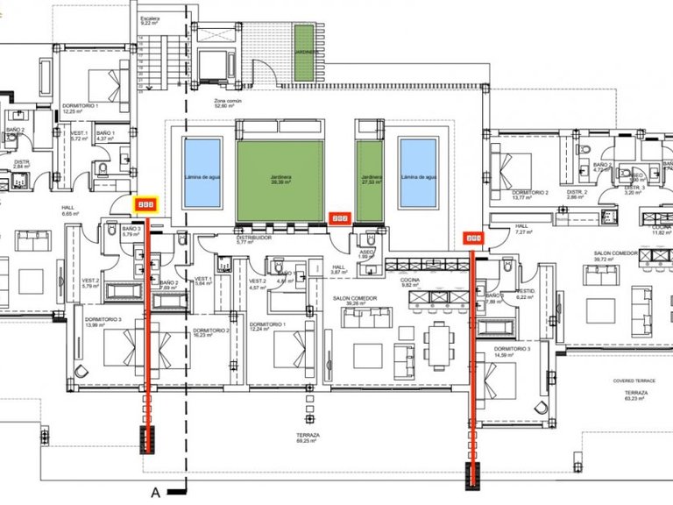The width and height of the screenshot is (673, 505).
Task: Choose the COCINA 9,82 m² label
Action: tap(412, 283)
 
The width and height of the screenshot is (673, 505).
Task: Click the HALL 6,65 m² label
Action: tap(70, 211)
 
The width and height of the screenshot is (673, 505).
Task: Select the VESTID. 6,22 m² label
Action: tap(526, 295)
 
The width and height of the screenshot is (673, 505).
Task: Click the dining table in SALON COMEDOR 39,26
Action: tap(438, 337)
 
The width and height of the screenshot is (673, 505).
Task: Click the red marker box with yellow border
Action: tap(145, 204)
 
